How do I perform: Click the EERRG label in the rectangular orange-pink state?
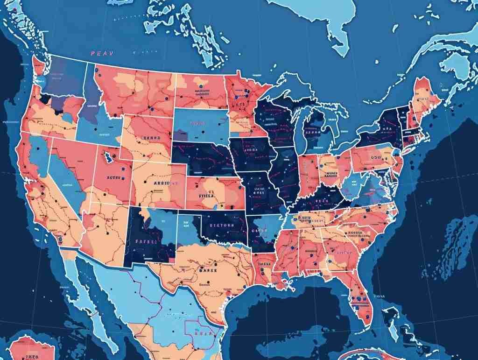click(x=151, y=138)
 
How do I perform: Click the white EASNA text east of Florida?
click(x=380, y=296)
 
